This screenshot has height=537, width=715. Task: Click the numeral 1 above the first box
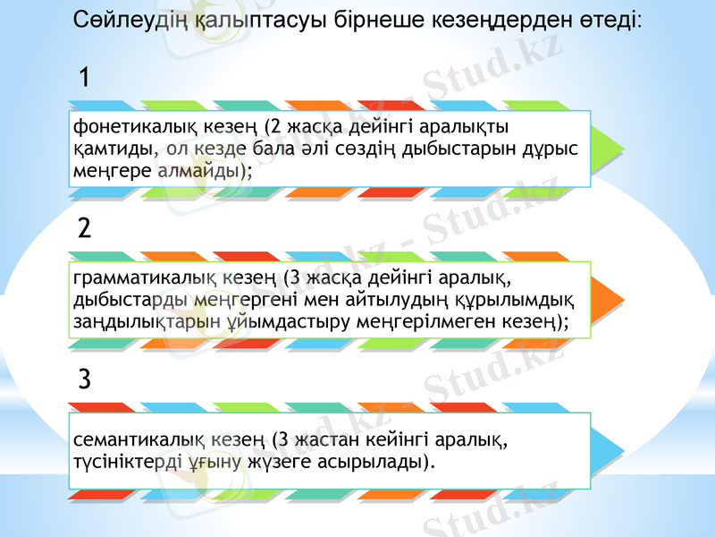83,77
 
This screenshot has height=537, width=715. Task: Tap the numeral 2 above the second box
84,228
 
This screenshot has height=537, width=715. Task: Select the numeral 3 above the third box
84,379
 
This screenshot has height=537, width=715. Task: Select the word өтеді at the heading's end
608,19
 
